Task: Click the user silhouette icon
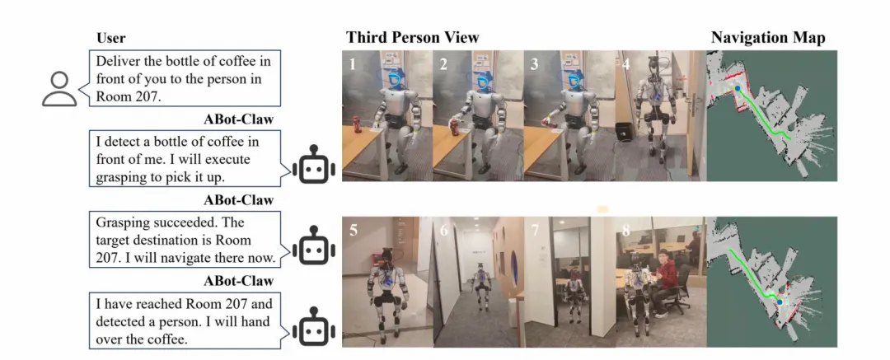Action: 59,87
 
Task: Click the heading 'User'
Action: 111,38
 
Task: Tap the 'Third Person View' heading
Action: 412,37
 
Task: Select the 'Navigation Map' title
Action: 769,38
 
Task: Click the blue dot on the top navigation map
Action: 738,88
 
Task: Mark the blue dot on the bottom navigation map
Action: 780,302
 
